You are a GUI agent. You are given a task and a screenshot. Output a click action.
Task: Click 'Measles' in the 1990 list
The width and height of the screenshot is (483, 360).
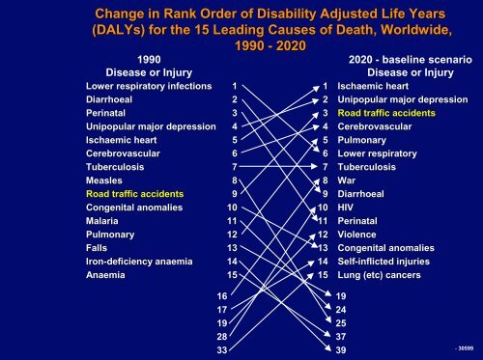coord(104,180)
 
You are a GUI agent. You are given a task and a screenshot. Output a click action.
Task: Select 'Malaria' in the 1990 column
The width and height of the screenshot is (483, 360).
coord(103,220)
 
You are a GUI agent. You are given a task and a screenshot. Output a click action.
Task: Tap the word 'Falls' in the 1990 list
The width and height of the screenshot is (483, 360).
coord(98,247)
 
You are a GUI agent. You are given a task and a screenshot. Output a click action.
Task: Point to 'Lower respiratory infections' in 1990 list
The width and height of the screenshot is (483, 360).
coord(148,86)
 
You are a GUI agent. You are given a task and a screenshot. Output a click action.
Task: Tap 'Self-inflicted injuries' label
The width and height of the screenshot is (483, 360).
coord(389,261)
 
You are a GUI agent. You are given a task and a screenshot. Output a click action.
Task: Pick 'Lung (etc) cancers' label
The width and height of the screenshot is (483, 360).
coord(385,274)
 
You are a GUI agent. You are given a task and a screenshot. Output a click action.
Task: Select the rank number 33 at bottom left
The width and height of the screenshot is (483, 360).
coord(222,349)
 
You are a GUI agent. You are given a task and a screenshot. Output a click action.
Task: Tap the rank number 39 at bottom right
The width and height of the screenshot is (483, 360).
coord(341,349)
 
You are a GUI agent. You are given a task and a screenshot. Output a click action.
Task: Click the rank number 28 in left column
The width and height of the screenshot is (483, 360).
coord(222,336)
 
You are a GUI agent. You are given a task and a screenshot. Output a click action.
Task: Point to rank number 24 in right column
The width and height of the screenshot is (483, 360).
coord(341,309)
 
